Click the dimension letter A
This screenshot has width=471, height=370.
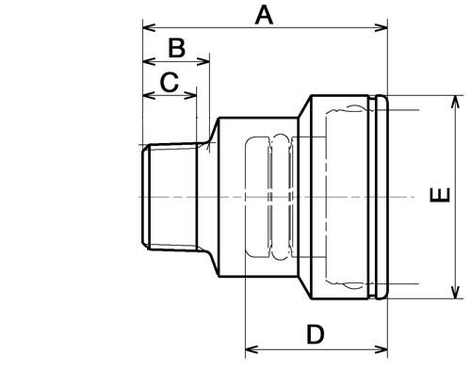pos(264,16)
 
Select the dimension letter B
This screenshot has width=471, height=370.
pos(176,48)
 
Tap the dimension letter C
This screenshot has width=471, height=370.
pos(170,82)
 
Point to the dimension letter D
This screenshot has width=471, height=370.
pos(315,334)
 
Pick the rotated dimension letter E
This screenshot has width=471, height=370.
pos(440,195)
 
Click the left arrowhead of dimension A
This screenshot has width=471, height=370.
pos(149,27)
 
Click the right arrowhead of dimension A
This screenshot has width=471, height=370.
pos(382,27)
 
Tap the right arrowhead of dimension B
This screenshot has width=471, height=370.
pos(203,61)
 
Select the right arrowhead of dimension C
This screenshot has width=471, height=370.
pos(190,95)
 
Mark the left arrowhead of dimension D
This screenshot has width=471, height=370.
pos(252,349)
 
